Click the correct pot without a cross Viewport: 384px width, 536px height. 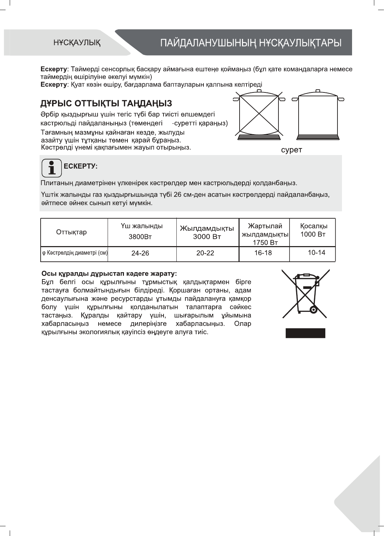(318, 115)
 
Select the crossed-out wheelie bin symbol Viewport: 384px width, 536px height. (305, 295)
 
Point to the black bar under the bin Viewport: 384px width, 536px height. (305, 333)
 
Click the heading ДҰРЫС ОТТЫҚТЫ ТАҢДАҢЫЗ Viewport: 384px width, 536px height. (106, 104)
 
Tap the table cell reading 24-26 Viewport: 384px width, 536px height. (140, 253)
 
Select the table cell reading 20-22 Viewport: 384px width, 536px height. (206, 253)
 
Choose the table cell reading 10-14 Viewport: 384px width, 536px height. (316, 253)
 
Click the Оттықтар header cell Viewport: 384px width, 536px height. (72, 232)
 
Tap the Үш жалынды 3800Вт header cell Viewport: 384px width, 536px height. (142, 232)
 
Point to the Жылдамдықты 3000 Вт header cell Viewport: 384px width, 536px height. (207, 232)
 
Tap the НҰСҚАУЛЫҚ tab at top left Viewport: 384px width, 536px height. (77, 43)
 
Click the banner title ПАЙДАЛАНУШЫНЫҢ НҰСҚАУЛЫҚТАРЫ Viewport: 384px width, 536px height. (251, 43)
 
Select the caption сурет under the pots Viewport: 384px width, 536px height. (291, 150)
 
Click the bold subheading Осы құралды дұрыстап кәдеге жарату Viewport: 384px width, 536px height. (109, 273)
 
